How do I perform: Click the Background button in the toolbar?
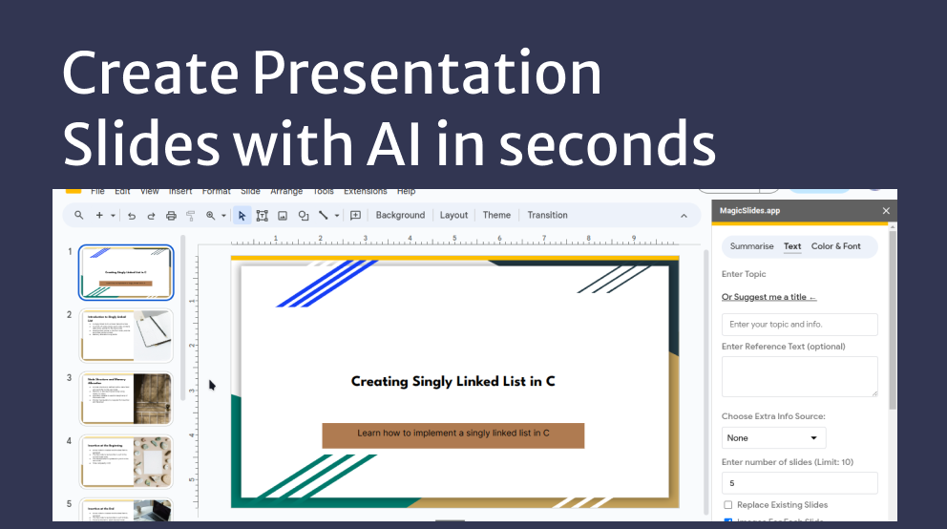pyautogui.click(x=400, y=215)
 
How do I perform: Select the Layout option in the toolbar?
pyautogui.click(x=453, y=215)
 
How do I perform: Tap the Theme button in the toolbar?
pyautogui.click(x=496, y=215)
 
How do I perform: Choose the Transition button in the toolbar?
pyautogui.click(x=547, y=215)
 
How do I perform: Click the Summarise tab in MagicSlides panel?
pyautogui.click(x=751, y=246)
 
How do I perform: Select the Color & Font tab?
pyautogui.click(x=835, y=246)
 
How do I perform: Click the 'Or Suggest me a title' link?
pyautogui.click(x=768, y=297)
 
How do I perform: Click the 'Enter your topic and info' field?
pyautogui.click(x=799, y=325)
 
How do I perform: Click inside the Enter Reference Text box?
pyautogui.click(x=799, y=376)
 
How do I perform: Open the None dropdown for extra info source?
pyautogui.click(x=773, y=437)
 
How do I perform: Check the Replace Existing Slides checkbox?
pyautogui.click(x=728, y=505)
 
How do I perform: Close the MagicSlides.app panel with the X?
pyautogui.click(x=886, y=211)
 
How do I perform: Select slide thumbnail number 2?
pyautogui.click(x=126, y=335)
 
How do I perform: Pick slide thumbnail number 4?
pyautogui.click(x=126, y=461)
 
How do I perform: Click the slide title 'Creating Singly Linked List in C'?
pyautogui.click(x=452, y=381)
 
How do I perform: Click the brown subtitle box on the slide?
pyautogui.click(x=452, y=434)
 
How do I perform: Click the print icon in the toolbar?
pyautogui.click(x=171, y=216)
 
